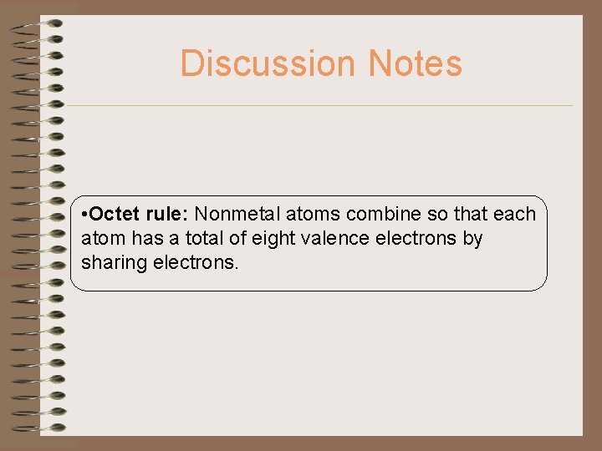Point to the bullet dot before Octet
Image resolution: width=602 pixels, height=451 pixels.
tap(87, 215)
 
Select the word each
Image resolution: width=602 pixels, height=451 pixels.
tap(513, 215)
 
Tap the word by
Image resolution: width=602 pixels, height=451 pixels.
tap(473, 239)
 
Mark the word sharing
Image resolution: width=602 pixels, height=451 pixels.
tap(112, 263)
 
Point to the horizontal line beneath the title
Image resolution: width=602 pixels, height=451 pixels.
tap(318, 105)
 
